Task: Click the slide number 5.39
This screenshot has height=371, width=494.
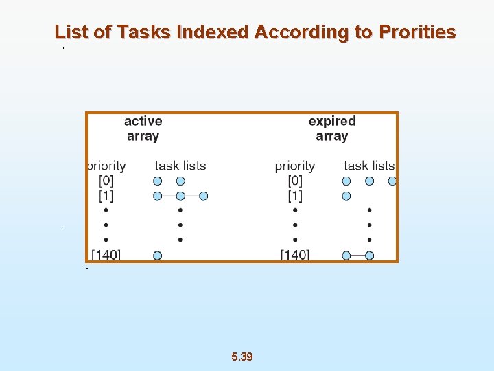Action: click(242, 357)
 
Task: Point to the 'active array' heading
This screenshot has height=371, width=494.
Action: click(143, 128)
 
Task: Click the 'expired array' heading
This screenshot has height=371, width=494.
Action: click(332, 128)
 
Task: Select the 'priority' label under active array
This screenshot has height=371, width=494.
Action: click(106, 166)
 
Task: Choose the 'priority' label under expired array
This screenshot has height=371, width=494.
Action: click(295, 166)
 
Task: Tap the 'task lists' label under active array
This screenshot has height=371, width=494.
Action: click(180, 166)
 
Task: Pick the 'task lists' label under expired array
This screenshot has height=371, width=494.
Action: click(369, 166)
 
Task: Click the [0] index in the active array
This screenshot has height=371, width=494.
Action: click(106, 181)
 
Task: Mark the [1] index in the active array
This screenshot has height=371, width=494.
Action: click(106, 196)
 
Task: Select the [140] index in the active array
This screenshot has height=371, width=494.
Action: click(106, 255)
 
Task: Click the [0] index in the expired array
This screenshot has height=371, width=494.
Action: click(295, 181)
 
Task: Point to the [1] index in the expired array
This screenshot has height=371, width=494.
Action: click(295, 196)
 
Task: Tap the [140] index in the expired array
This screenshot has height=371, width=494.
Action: click(295, 255)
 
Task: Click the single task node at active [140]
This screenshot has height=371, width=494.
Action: click(157, 256)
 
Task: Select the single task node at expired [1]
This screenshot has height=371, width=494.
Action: click(346, 196)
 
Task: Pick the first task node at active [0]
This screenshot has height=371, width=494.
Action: click(157, 181)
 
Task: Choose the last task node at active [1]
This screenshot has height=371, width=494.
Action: click(203, 196)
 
